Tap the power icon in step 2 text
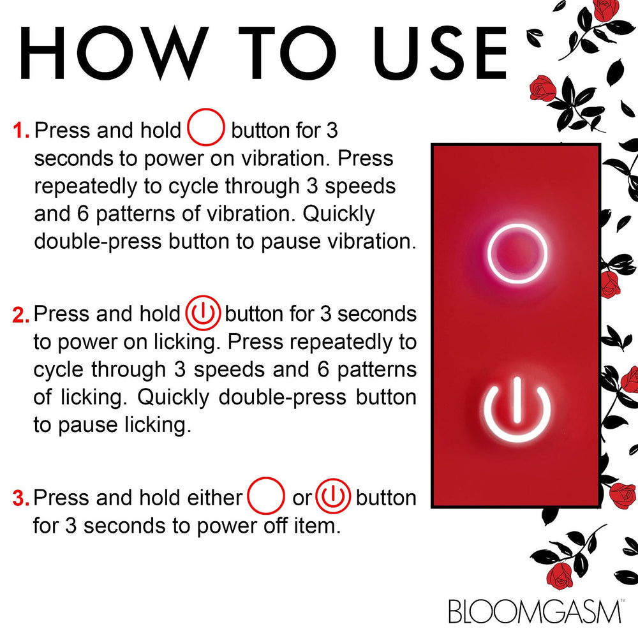pyautogui.click(x=203, y=314)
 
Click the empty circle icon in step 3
pyautogui.click(x=266, y=496)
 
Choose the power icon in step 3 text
pyautogui.click(x=333, y=496)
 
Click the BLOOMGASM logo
pyautogui.click(x=535, y=610)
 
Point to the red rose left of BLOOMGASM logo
pyautogui.click(x=561, y=576)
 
